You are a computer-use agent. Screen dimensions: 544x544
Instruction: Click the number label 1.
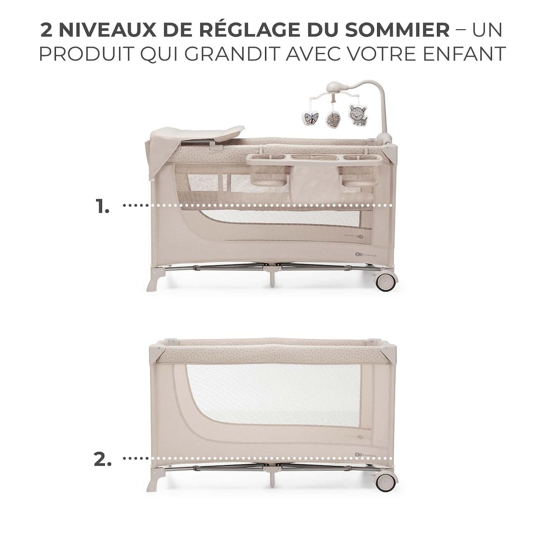pyautogui.click(x=102, y=206)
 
